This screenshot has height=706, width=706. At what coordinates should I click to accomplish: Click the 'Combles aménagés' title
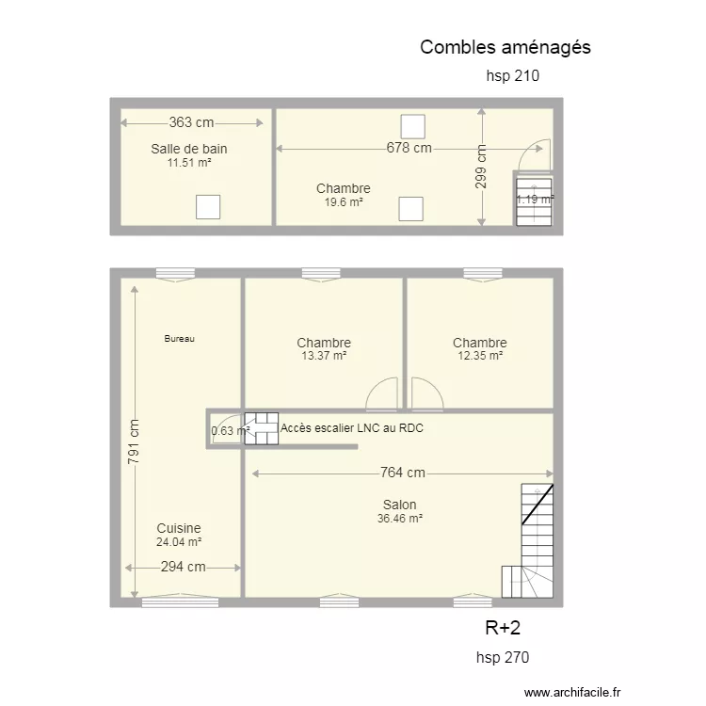pyautogui.click(x=505, y=48)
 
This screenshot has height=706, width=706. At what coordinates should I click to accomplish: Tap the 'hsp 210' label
pyautogui.click(x=512, y=75)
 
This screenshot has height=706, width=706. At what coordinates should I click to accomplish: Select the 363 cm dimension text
pyautogui.click(x=191, y=122)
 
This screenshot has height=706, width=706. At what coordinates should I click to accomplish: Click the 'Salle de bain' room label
pyautogui.click(x=188, y=149)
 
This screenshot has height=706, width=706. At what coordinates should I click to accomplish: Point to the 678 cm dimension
pyautogui.click(x=409, y=148)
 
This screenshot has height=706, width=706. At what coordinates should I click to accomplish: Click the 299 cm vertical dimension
pyautogui.click(x=481, y=167)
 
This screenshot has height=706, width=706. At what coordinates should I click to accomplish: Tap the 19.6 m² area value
pyautogui.click(x=344, y=202)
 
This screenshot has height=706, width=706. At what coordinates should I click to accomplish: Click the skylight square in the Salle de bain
pyautogui.click(x=208, y=207)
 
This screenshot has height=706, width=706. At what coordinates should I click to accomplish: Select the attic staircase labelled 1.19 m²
pyautogui.click(x=534, y=202)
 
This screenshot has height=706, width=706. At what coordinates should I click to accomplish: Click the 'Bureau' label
pyautogui.click(x=179, y=339)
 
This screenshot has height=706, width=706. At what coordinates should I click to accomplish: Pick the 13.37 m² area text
pyautogui.click(x=324, y=356)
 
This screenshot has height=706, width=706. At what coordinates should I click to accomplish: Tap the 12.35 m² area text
pyautogui.click(x=480, y=356)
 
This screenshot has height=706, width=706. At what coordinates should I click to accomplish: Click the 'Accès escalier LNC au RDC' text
pyautogui.click(x=352, y=428)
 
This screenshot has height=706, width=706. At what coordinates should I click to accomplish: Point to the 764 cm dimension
pyautogui.click(x=403, y=473)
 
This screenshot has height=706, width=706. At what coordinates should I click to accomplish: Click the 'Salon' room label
pyautogui.click(x=399, y=505)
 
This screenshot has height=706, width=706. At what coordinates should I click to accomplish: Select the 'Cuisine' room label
pyautogui.click(x=179, y=528)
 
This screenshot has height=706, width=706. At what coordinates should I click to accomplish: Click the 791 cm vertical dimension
pyautogui.click(x=134, y=441)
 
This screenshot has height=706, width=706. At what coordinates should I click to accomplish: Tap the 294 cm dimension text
pyautogui.click(x=184, y=567)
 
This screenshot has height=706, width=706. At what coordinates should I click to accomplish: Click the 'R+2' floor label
pyautogui.click(x=503, y=628)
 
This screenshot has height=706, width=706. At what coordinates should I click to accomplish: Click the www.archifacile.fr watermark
pyautogui.click(x=572, y=692)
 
